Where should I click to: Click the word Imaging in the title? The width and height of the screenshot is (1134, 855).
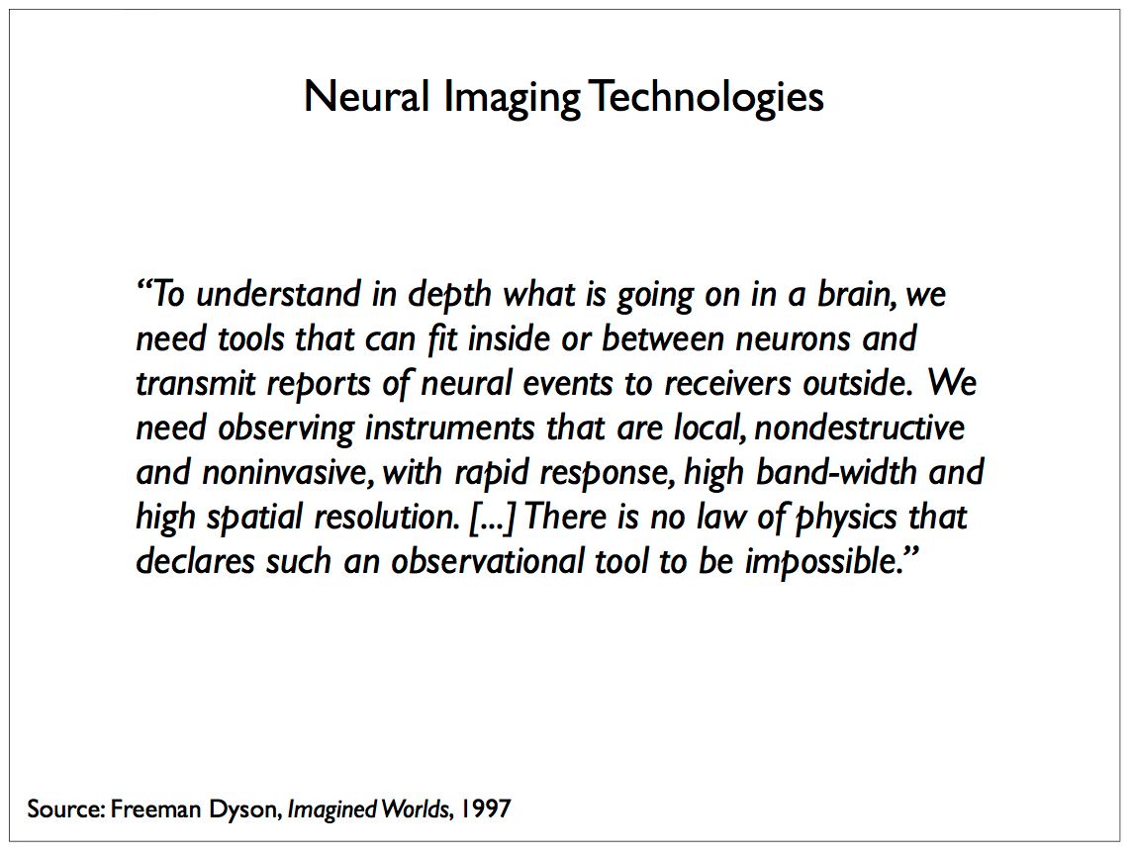click(x=512, y=98)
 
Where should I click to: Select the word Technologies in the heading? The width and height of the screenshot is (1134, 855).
click(x=707, y=98)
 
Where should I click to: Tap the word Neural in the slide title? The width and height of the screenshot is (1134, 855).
click(x=367, y=96)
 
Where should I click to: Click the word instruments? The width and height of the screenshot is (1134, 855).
click(x=449, y=428)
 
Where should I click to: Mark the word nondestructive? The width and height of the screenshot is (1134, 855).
click(x=859, y=428)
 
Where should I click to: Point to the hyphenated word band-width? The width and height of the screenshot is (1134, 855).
click(x=836, y=472)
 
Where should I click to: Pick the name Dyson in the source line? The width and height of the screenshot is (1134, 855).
click(x=243, y=808)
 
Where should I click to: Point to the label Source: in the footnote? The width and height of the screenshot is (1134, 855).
click(x=66, y=807)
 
